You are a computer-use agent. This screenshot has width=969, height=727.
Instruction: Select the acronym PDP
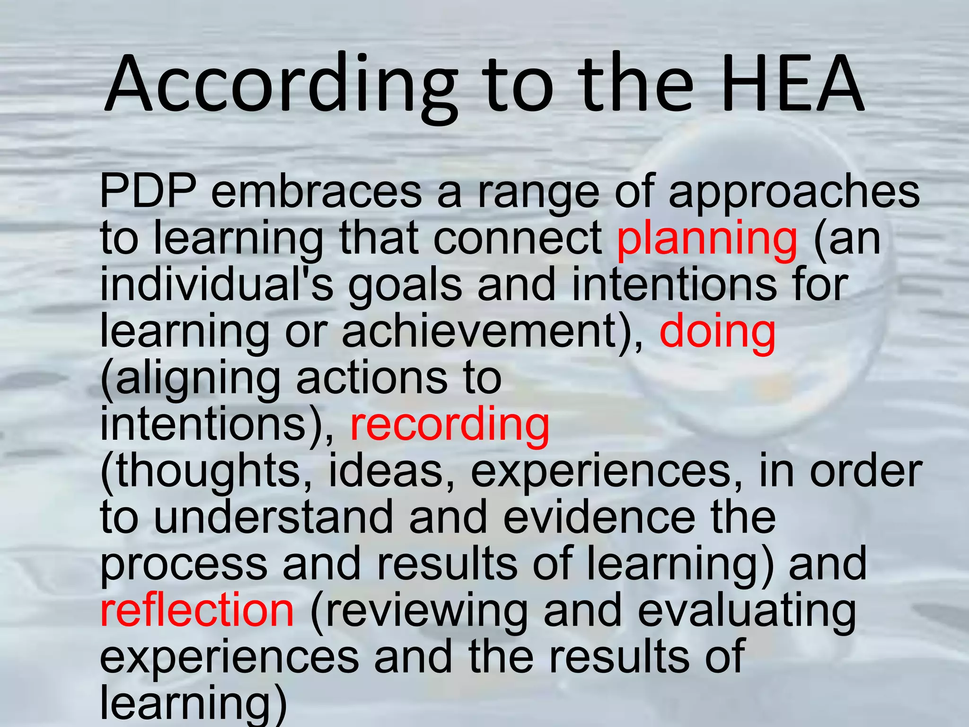tap(148, 192)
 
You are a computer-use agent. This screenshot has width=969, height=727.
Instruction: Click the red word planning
tap(707, 239)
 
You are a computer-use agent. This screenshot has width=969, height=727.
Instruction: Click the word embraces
tap(316, 192)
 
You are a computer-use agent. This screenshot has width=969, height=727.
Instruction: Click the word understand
tap(273, 517)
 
